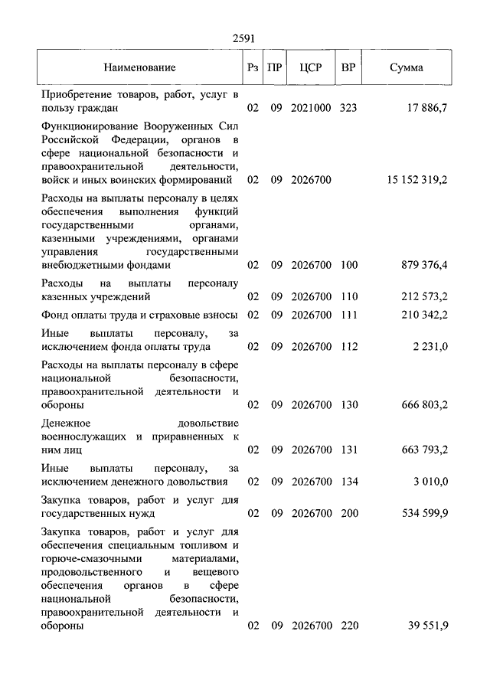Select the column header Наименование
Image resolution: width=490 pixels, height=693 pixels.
140,67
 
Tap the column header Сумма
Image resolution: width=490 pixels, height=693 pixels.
406,67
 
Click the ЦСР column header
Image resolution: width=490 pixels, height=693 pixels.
310,67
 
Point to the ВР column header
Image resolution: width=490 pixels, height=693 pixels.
348,67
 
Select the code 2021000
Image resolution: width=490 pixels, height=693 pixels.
311,108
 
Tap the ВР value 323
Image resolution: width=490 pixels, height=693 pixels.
348,108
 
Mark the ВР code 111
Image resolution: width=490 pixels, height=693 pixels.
348,315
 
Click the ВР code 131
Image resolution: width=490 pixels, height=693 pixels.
348,449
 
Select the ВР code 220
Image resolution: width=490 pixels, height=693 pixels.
348,626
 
